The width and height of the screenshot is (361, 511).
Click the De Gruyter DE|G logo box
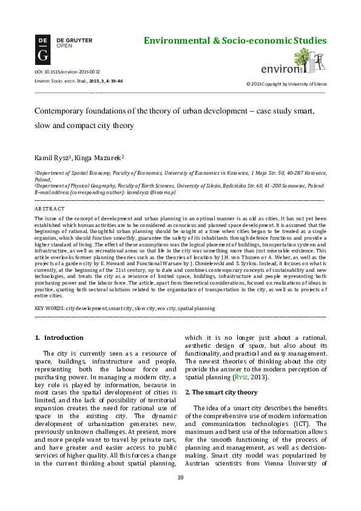[42, 50]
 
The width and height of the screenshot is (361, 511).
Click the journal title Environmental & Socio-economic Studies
[234, 41]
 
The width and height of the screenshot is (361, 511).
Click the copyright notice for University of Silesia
[285, 83]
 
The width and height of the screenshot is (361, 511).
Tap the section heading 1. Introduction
[59, 337]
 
